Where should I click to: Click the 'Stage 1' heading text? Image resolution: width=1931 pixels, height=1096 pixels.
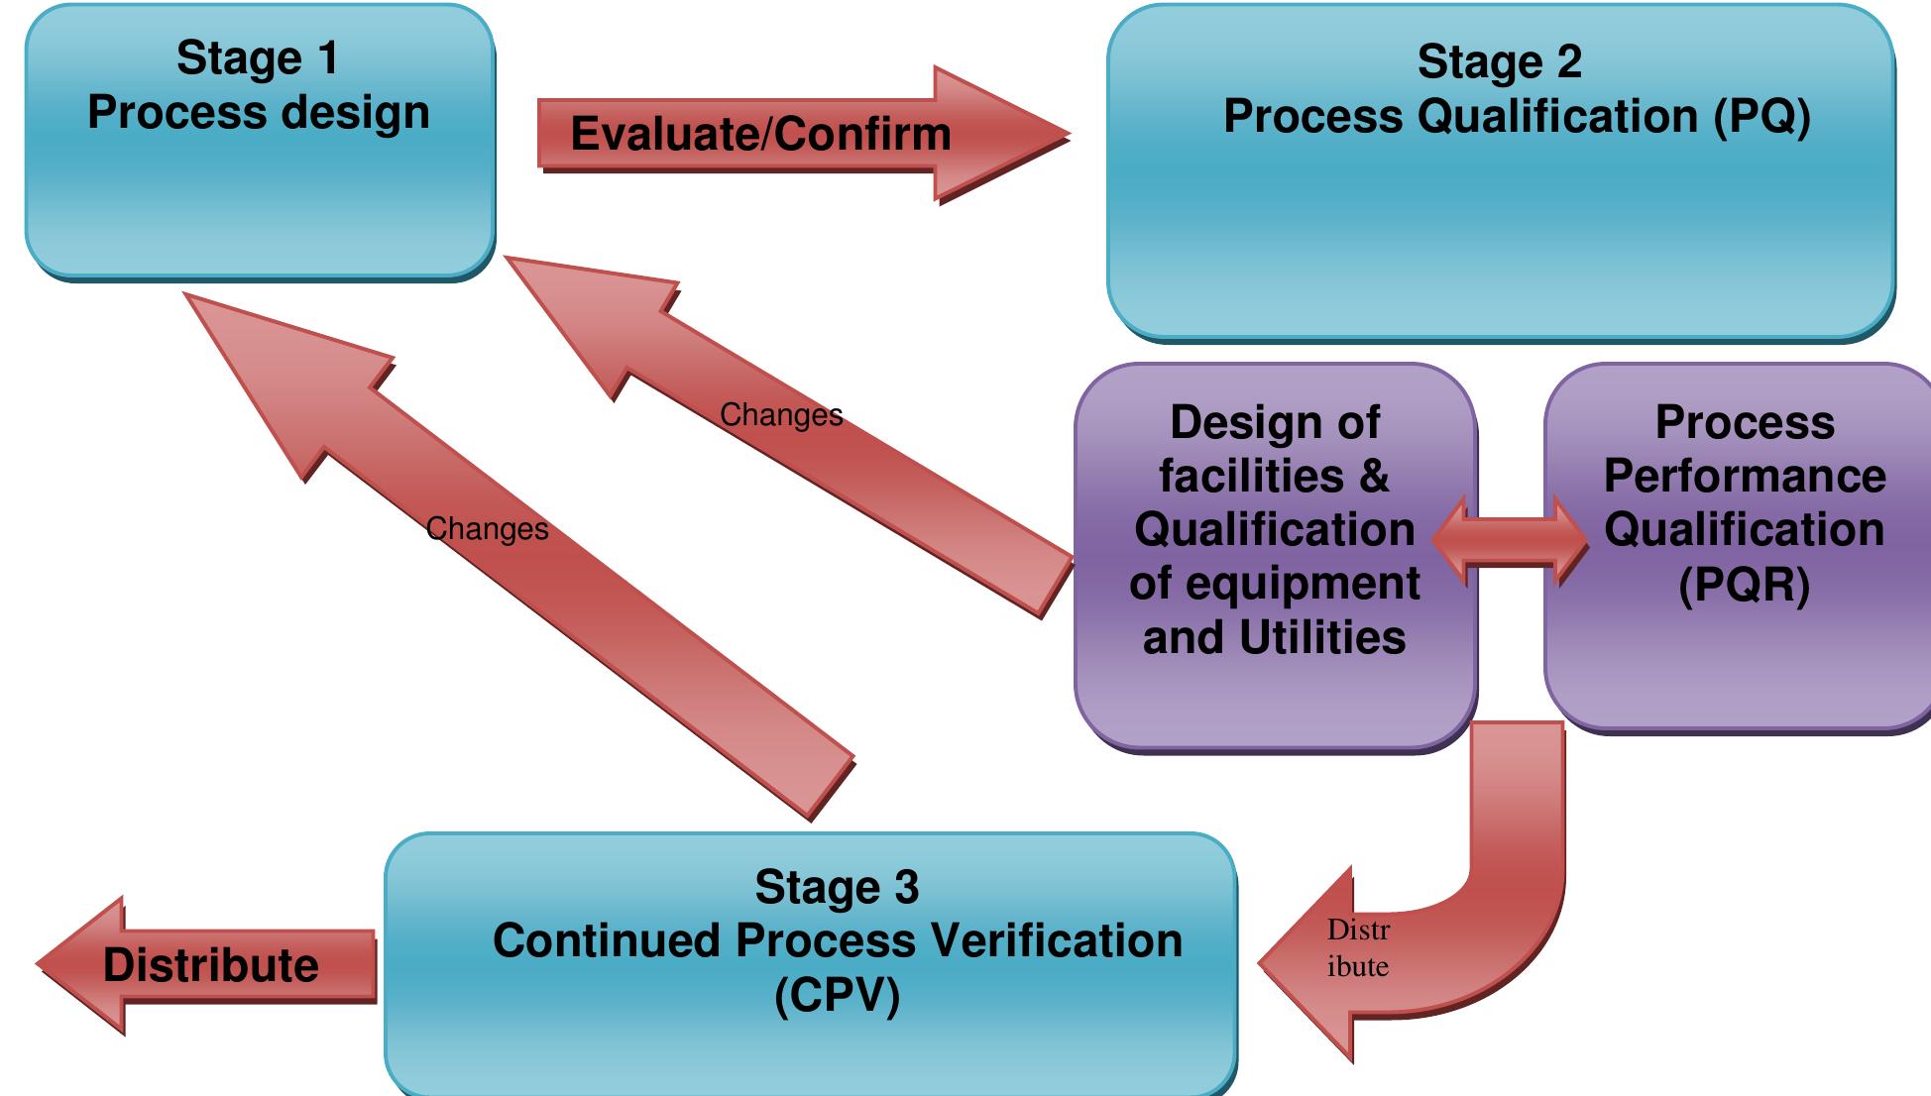coord(258,58)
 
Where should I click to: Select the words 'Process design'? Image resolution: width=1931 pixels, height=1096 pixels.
coord(258,113)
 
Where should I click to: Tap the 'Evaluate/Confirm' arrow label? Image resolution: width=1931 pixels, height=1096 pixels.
coord(760,134)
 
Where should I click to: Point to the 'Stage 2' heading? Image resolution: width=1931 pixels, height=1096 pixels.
coord(1499,62)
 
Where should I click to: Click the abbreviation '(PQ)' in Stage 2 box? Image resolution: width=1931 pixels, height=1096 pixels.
coord(1761,117)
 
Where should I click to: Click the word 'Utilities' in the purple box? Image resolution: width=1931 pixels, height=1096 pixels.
coord(1322,637)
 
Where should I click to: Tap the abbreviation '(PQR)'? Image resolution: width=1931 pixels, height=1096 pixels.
coord(1744,584)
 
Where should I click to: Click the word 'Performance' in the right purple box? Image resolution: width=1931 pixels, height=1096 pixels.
coord(1744,477)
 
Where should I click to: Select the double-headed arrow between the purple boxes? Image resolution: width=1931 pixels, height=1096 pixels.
coord(1510,540)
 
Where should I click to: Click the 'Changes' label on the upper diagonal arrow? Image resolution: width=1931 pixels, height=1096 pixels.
coord(781,415)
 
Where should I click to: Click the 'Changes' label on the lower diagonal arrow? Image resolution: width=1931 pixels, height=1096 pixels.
coord(487,529)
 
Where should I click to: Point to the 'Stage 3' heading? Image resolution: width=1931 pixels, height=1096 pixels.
coord(837,888)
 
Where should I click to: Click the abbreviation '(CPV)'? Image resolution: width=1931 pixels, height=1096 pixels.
coord(837,995)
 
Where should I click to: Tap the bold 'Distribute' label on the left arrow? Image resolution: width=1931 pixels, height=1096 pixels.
coord(211,965)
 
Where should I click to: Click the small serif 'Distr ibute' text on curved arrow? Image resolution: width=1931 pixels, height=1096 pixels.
coord(1358,948)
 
